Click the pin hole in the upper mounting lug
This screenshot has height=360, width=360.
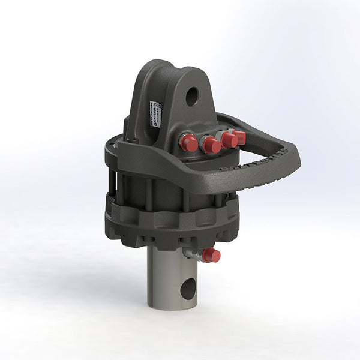click(192, 96)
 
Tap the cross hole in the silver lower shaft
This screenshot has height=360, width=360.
click(188, 289)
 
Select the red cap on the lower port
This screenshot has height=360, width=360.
click(211, 256)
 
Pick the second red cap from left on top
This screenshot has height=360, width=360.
click(211, 145)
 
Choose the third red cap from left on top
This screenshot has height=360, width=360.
click(229, 140)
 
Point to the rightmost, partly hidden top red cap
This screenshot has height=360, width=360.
click(239, 137)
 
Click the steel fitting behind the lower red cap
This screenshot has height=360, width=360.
click(194, 254)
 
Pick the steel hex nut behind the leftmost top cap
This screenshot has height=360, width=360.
click(181, 142)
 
